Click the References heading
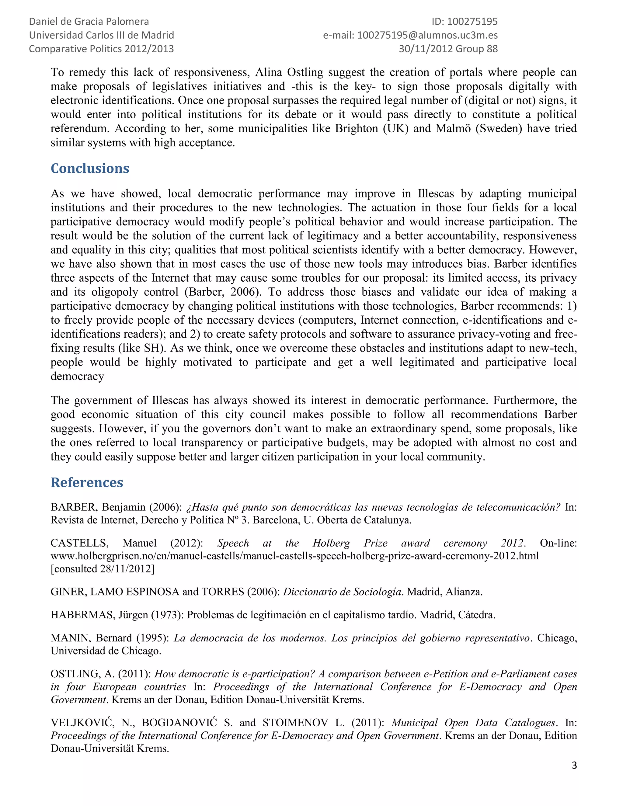(87, 482)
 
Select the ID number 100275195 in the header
(472, 22)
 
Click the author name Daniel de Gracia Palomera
(89, 22)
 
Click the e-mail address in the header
(427, 35)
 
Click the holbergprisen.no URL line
(294, 556)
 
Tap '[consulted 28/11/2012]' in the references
(103, 569)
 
